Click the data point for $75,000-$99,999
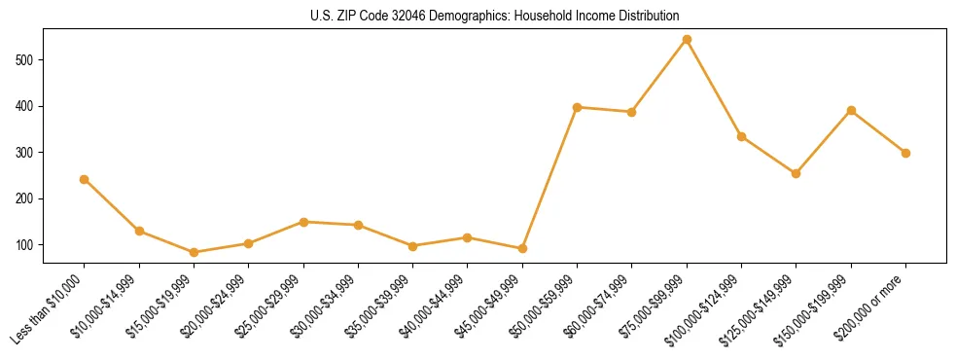687,40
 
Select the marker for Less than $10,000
84,179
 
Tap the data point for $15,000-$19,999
194,252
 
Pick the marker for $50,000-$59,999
577,107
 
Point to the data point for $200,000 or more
905,153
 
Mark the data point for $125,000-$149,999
796,173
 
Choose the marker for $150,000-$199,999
851,110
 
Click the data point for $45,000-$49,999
522,248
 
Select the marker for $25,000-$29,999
303,222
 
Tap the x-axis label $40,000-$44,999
434,309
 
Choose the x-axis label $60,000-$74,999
598,309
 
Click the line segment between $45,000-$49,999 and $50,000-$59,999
549,178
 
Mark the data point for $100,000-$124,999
741,136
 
